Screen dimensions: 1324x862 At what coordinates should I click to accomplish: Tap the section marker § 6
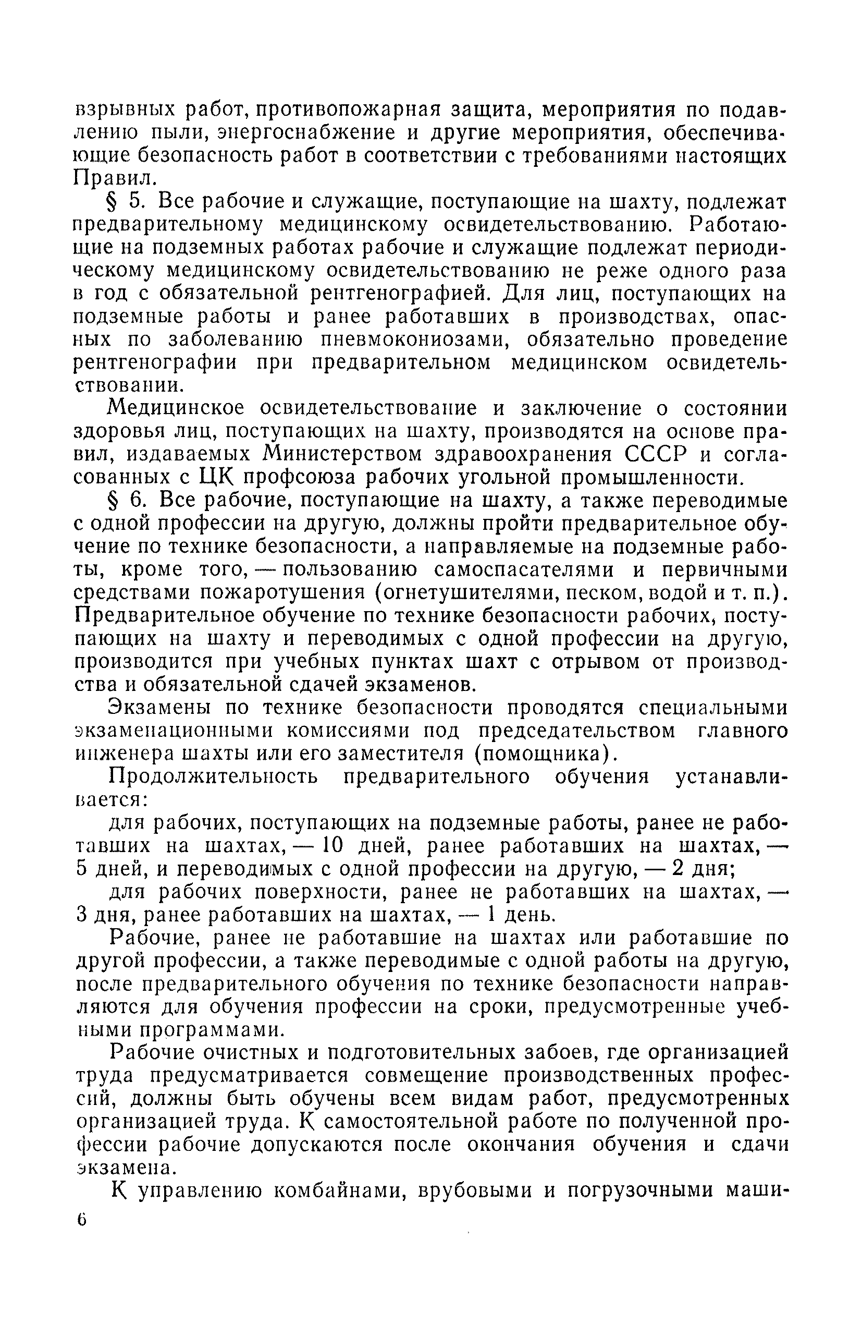(127, 501)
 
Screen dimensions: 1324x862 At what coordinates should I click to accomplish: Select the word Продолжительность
(214, 776)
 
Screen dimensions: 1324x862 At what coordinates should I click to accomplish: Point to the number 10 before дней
(334, 846)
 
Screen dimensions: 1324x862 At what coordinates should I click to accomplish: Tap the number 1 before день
(491, 915)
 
